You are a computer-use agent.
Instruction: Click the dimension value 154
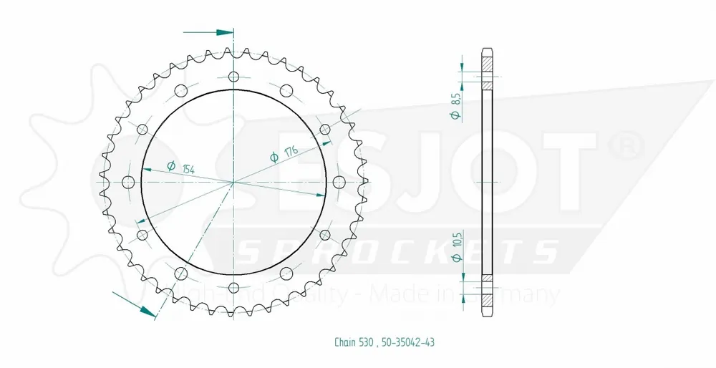point(188,168)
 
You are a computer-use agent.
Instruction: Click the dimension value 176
point(291,150)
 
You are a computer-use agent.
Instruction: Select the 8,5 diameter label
point(455,102)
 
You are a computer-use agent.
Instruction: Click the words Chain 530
point(354,342)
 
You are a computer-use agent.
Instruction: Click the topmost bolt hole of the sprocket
point(234,76)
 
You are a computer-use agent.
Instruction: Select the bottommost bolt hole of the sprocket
point(234,288)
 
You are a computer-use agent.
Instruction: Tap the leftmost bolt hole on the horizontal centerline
point(128,182)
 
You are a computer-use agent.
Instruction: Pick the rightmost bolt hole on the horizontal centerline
point(339,182)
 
